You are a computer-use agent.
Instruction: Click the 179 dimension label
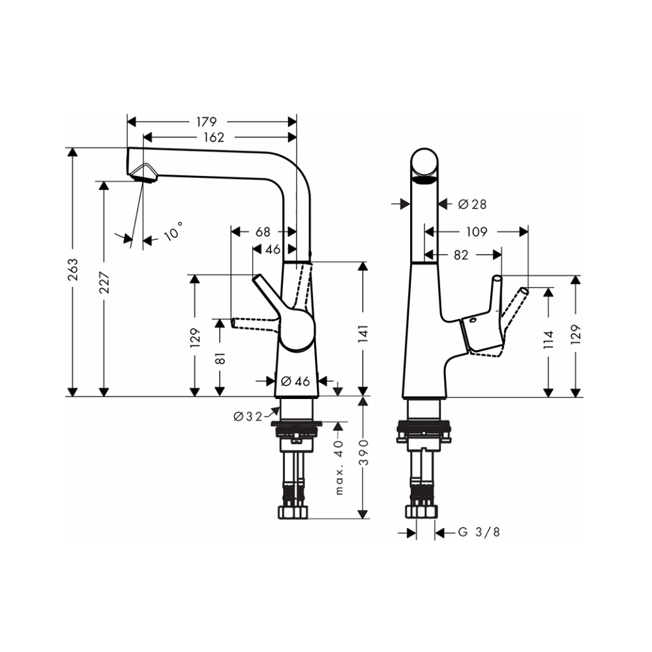coord(206,122)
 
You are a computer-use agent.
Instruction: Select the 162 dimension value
coord(214,137)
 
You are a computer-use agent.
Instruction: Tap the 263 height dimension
coord(73,269)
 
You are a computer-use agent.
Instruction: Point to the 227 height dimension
coord(104,282)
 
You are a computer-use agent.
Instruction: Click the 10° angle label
coord(173,231)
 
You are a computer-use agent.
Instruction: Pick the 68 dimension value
coord(263,231)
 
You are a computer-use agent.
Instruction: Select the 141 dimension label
coord(363,334)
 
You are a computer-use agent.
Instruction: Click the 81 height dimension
coord(220,357)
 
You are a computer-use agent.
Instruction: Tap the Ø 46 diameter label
coord(295,381)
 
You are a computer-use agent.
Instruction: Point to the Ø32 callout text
coord(248,416)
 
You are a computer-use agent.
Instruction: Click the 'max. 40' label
coord(339,467)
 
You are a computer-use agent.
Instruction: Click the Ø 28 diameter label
coord(472,204)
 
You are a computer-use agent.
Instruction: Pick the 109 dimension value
coord(477,231)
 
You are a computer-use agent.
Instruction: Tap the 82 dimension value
coord(461,255)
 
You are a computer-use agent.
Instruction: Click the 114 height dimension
coord(549,340)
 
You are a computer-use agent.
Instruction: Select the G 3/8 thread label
coord(479,532)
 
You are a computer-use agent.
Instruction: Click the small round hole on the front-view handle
coord(473,321)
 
